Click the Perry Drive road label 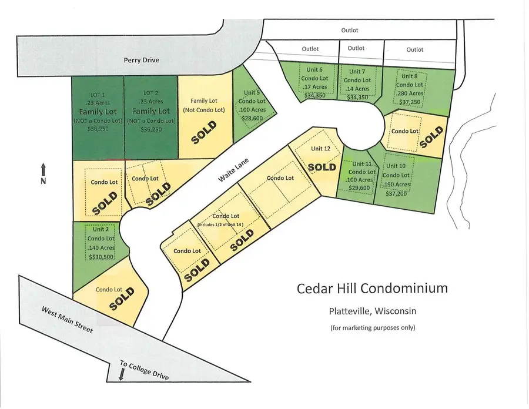pyautogui.click(x=141, y=60)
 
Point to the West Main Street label pyautogui.click(x=66, y=318)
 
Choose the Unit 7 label pyautogui.click(x=357, y=72)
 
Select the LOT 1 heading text pyautogui.click(x=97, y=93)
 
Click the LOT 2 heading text pyautogui.click(x=151, y=93)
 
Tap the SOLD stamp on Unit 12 pyautogui.click(x=322, y=166)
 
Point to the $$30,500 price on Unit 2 pyautogui.click(x=100, y=256)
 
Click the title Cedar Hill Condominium pyautogui.click(x=372, y=289)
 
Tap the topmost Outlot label pyautogui.click(x=350, y=30)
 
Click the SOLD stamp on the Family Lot pyautogui.click(x=204, y=133)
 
